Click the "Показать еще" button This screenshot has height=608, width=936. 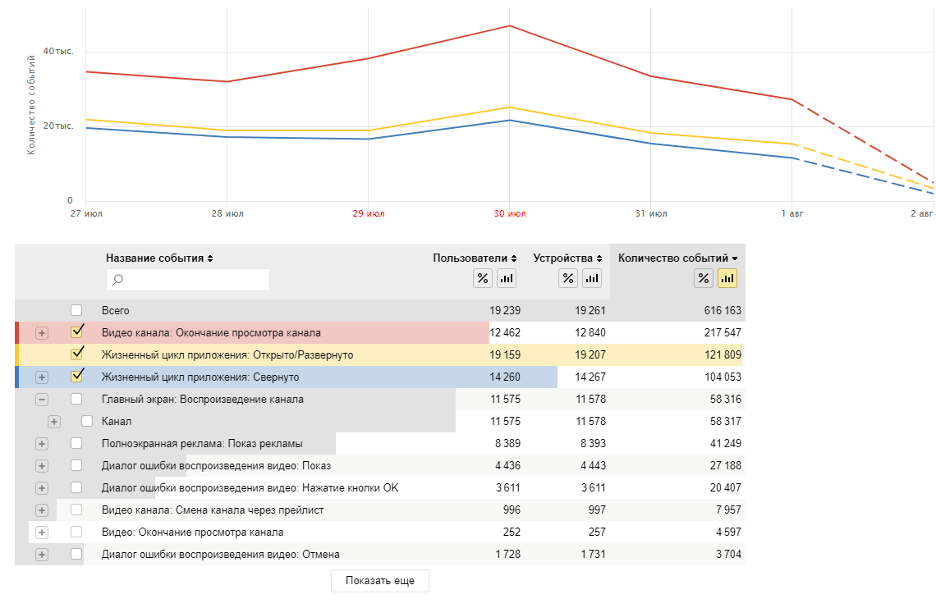point(379,581)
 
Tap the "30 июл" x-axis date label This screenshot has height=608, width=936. point(510,213)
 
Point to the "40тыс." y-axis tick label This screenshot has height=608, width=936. point(58,52)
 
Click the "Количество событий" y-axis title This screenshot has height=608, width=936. point(31,105)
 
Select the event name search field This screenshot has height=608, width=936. point(188,279)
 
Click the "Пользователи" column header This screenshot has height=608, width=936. point(475,258)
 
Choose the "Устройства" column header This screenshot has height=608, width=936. point(567,258)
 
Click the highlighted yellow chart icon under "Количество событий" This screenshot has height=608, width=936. point(727,279)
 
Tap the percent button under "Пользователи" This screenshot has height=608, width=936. point(482,279)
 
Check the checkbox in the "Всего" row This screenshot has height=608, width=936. point(76,310)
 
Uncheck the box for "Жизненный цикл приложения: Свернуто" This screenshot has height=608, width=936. point(77,376)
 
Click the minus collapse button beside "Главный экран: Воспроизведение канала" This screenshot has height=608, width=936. point(42,399)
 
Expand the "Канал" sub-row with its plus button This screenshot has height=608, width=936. point(53,422)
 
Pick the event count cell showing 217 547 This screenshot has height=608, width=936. point(723,333)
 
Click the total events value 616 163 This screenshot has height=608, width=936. point(723,310)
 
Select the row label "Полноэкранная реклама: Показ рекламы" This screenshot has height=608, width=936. point(202,443)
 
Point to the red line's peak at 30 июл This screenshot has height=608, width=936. point(509,25)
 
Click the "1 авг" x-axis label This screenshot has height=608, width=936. point(792,213)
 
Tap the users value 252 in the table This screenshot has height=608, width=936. point(512,533)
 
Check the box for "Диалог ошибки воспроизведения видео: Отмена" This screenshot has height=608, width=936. point(76,555)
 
